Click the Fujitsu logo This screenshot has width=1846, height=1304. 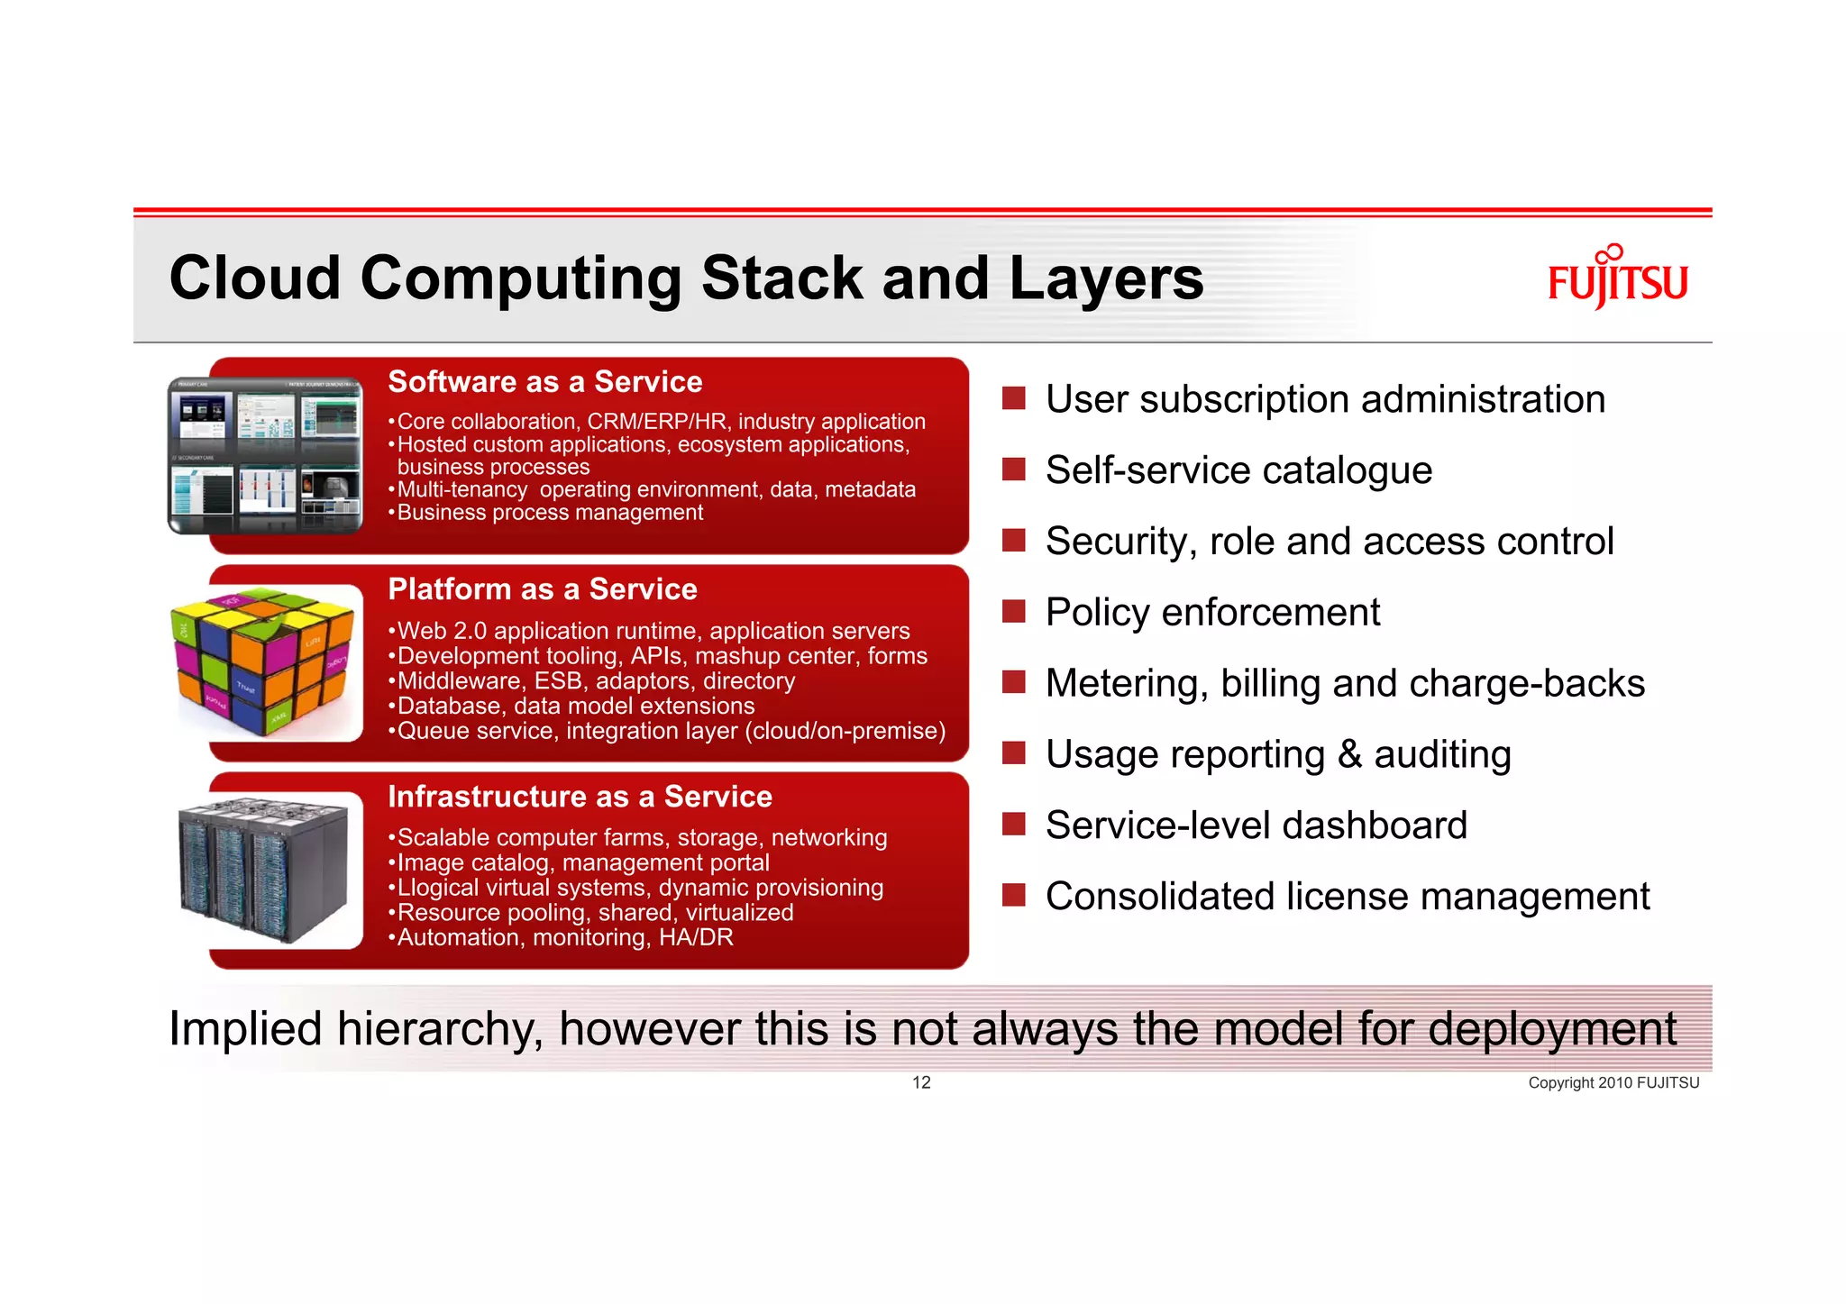(1617, 278)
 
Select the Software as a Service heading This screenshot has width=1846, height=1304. (544, 382)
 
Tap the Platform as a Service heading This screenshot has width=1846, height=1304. (542, 589)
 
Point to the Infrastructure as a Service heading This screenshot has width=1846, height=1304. (580, 797)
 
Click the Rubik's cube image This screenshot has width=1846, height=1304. (264, 662)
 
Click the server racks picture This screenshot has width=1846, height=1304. (264, 871)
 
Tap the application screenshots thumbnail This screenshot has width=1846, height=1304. (266, 456)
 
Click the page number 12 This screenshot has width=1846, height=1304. (921, 1082)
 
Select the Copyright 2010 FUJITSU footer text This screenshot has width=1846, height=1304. (1613, 1083)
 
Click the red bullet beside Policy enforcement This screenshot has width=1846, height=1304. (1014, 612)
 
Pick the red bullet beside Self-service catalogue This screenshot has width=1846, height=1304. (1014, 470)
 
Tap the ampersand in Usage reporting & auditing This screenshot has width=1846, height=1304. (1349, 754)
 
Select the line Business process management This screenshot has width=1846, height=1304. (549, 513)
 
